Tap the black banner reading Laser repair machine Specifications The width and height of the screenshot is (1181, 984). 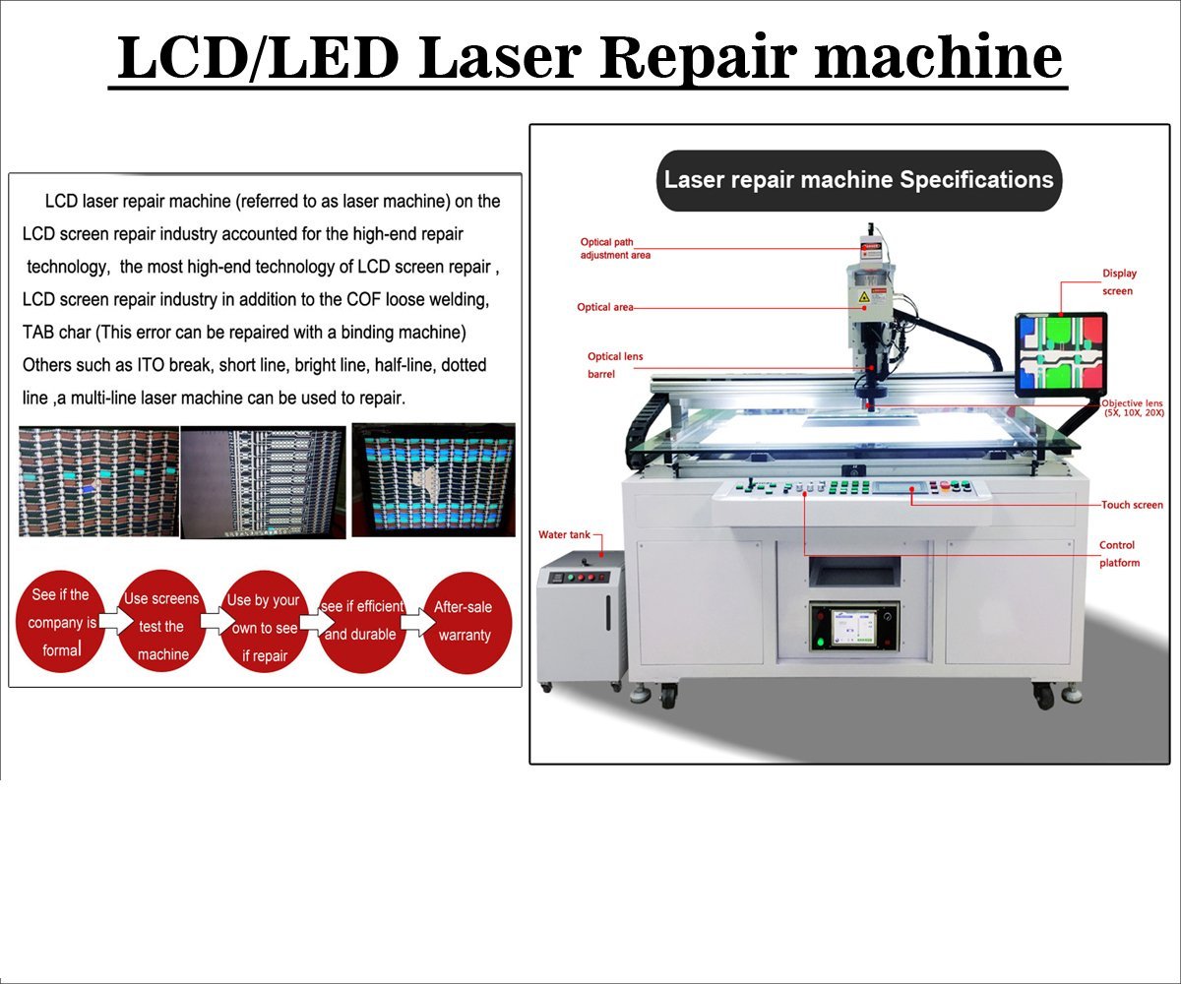(858, 180)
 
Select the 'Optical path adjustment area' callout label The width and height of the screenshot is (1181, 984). (615, 248)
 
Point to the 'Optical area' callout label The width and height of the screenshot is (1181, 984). (605, 307)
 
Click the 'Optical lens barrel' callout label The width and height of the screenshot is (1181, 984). (615, 365)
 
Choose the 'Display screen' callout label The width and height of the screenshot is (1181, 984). (1118, 282)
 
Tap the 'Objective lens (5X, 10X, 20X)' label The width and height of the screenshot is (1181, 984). (1132, 408)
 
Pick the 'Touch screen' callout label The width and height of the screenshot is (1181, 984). (1132, 505)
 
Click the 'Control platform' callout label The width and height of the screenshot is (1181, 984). (1119, 554)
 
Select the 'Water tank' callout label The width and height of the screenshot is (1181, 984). (564, 535)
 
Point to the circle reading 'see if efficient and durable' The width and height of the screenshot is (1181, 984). (361, 621)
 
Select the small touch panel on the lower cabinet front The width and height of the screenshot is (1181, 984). (853, 628)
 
